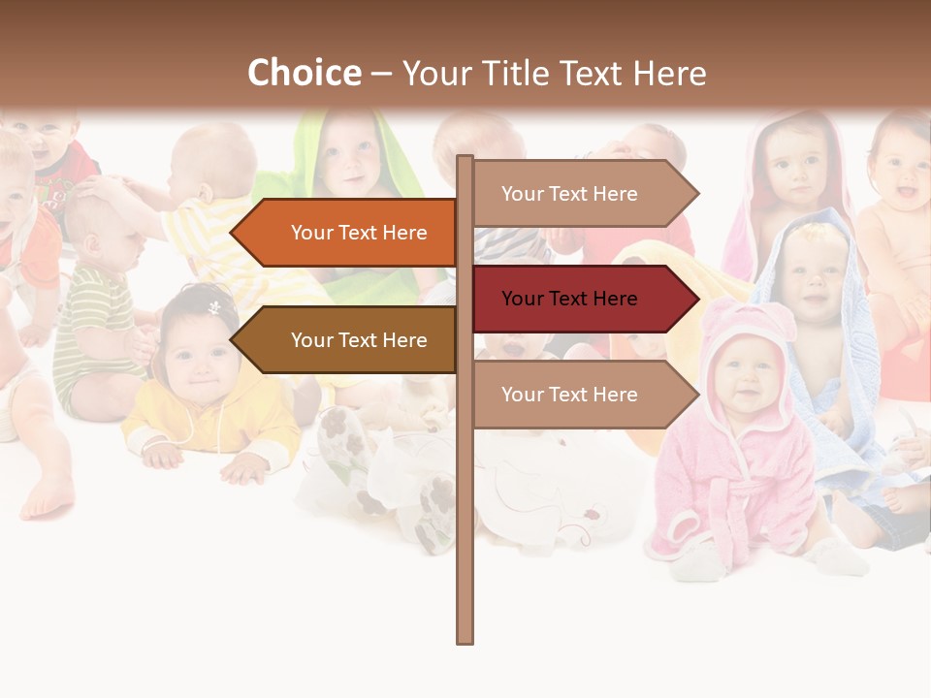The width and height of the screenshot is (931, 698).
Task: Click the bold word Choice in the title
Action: coord(304,73)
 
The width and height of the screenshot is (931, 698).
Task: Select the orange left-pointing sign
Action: coord(349,233)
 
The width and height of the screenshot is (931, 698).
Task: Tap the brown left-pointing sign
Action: coord(349,340)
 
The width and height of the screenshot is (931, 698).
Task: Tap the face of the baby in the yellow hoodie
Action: coord(200,359)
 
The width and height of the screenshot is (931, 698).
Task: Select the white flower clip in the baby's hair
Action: coord(214,307)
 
